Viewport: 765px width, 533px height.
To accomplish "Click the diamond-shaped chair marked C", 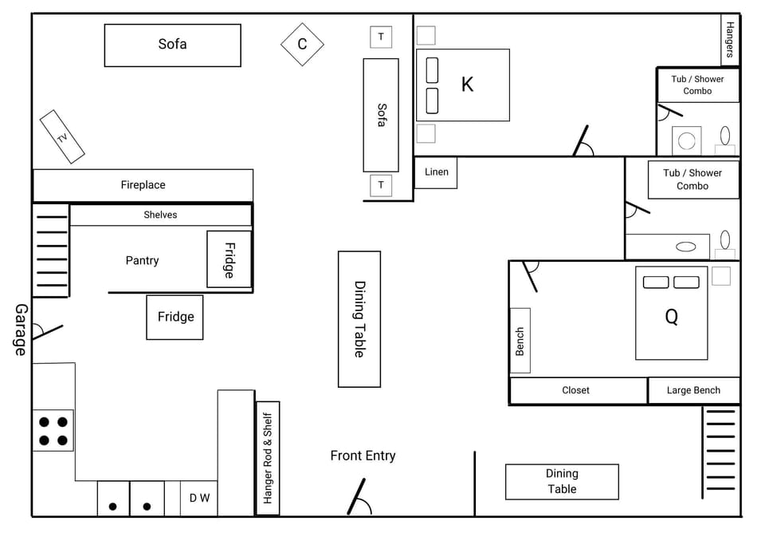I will tap(302, 44).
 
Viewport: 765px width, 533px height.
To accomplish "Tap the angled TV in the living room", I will tap(62, 137).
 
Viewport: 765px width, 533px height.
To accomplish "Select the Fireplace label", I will tap(143, 185).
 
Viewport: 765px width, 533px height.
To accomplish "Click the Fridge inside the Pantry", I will tap(229, 259).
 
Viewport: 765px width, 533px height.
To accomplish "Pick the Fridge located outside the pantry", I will tap(175, 317).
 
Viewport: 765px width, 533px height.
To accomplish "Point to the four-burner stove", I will tap(53, 431).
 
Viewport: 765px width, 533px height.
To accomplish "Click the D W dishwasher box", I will tap(199, 499).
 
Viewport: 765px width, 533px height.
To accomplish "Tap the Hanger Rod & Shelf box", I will tap(268, 458).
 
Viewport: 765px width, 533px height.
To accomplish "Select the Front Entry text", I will tap(363, 456).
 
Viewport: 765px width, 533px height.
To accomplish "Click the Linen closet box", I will tap(436, 172).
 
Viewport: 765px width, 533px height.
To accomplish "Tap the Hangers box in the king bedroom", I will tap(730, 40).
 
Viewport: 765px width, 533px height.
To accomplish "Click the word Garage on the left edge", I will tap(21, 329).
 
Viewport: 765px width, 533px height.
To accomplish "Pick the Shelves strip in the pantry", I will tap(160, 215).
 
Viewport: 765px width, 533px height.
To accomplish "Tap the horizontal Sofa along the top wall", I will tap(172, 45).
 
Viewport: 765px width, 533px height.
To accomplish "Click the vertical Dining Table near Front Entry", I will tap(359, 319).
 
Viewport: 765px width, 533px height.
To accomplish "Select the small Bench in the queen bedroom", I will tap(520, 341).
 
